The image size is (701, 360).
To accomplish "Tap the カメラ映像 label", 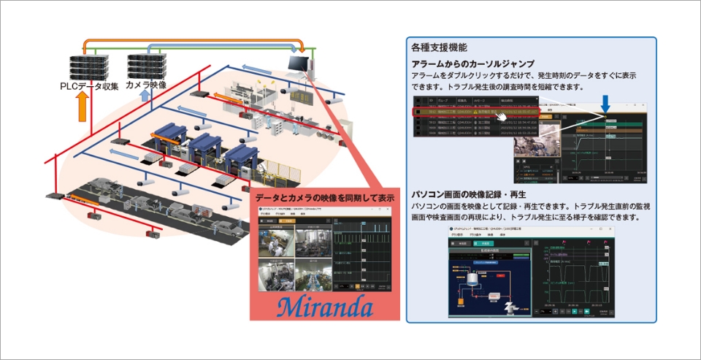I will pyautogui.click(x=146, y=85).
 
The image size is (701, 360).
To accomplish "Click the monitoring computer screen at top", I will pyautogui.click(x=298, y=64).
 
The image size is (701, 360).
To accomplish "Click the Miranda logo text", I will pyautogui.click(x=324, y=302).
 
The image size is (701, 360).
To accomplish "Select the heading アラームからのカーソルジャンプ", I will pyautogui.click(x=472, y=64).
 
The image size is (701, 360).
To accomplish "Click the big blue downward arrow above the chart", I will pyautogui.click(x=605, y=104).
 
